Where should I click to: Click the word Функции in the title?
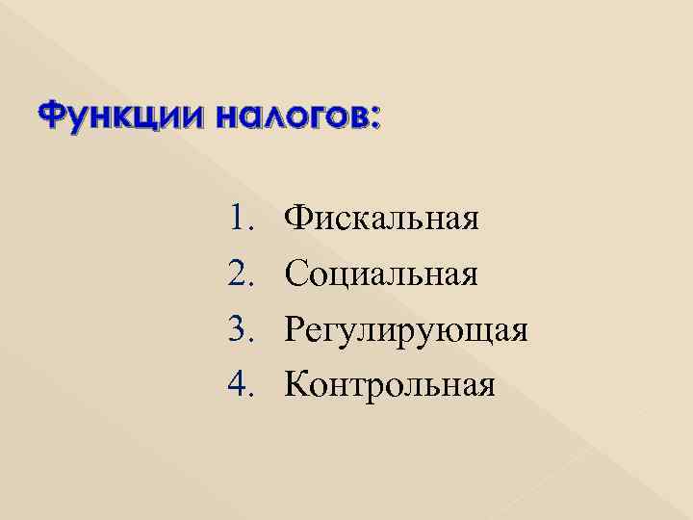coord(105,118)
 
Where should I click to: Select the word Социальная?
coord(381,275)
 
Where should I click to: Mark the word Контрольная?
coord(390,386)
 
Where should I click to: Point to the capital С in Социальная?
coord(295,275)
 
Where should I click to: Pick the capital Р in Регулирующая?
coord(295,330)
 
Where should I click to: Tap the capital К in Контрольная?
coord(297,386)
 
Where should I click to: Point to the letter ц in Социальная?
coord(346,278)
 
